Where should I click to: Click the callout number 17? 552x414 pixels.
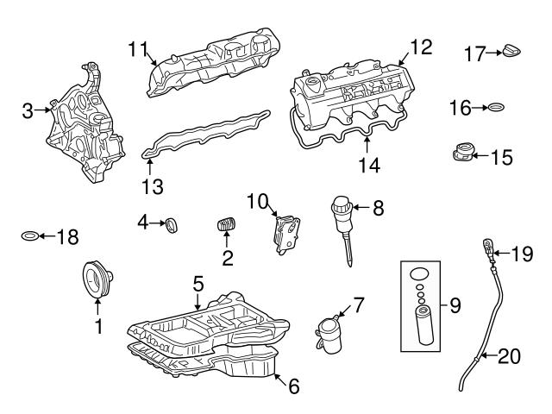pos(475,53)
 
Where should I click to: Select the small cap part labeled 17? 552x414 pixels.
pos(511,52)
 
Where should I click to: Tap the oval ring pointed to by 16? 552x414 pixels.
pos(497,107)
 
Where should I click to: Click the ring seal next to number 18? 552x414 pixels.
pos(29,235)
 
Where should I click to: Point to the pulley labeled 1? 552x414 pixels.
pos(97,279)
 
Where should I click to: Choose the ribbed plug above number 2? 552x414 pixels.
pos(226,224)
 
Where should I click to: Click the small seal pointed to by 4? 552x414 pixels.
pos(172,225)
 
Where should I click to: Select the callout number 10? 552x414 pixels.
pos(257,202)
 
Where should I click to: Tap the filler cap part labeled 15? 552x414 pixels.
pos(464,153)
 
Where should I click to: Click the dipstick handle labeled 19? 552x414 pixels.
pos(488,249)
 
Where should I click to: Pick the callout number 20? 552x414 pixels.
pos(510,356)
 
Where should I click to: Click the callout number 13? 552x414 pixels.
pos(153,187)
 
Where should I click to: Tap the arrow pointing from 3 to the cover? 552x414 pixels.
pos(43,110)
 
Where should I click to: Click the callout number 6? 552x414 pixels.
pos(294,386)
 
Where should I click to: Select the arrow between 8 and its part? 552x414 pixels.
pos(361,207)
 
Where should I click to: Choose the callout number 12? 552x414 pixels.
pos(421,47)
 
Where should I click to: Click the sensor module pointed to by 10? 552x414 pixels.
pos(286,234)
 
